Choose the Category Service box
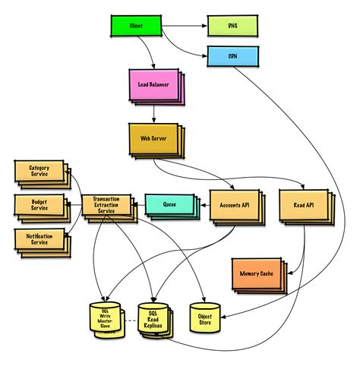click(39, 170)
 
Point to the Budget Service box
click(39, 204)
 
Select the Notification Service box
click(39, 238)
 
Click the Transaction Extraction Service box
click(106, 204)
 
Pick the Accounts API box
click(235, 204)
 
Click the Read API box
click(304, 204)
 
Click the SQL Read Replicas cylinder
click(152, 317)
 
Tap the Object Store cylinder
click(203, 317)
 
